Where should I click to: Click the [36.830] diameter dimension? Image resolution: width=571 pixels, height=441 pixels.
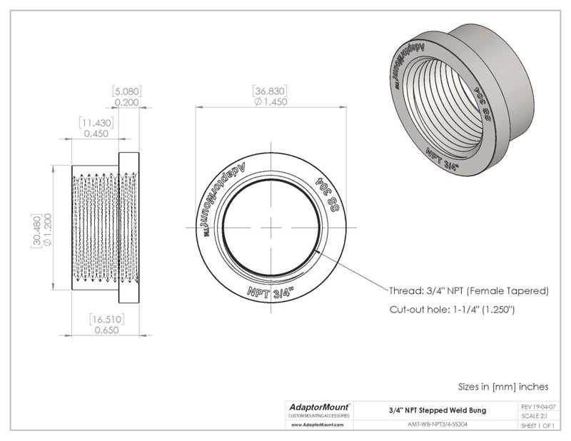(271, 91)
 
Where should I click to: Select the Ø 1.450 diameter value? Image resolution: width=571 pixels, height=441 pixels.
(271, 103)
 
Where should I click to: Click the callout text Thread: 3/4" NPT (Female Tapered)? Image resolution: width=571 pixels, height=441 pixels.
(468, 291)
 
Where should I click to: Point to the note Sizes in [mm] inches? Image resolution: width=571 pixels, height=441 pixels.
(503, 386)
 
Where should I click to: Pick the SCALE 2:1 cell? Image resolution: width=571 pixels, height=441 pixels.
(536, 415)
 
